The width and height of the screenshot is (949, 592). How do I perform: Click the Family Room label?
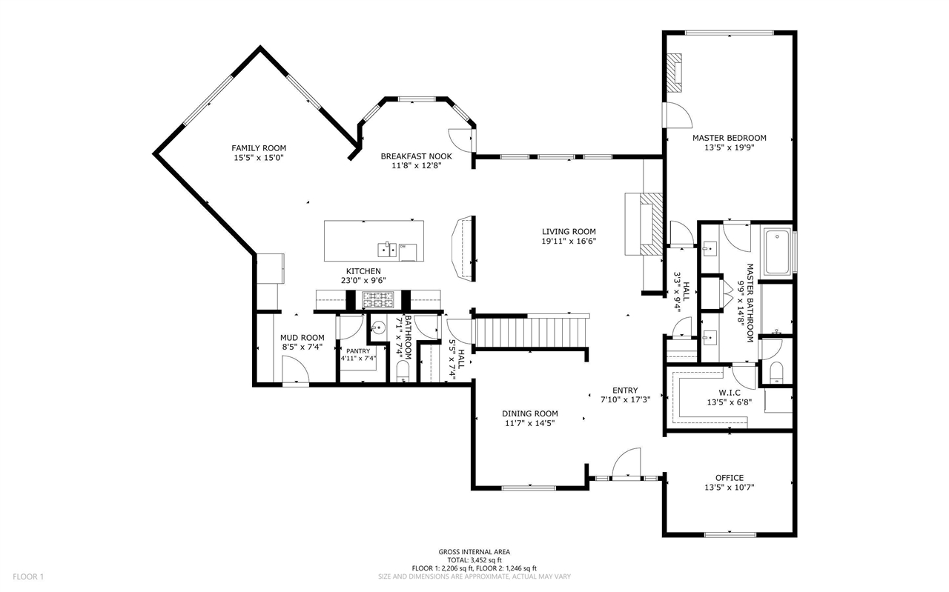click(x=259, y=148)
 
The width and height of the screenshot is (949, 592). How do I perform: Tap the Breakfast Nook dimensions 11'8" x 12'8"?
click(x=417, y=165)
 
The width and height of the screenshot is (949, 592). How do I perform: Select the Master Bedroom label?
click(x=729, y=138)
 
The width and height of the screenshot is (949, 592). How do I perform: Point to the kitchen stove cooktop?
click(x=378, y=299)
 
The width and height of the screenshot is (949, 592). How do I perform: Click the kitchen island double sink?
click(x=387, y=250)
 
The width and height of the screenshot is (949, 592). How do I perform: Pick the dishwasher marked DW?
click(x=408, y=253)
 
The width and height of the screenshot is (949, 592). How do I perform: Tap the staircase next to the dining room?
click(x=532, y=332)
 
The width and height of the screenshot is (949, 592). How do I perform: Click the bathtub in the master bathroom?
click(x=777, y=251)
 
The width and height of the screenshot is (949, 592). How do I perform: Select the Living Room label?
click(x=569, y=232)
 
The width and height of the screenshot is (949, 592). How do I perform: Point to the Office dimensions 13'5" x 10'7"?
click(x=729, y=488)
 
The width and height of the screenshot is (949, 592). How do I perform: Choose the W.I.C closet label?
click(x=730, y=393)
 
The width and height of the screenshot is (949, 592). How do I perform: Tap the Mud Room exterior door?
click(x=295, y=370)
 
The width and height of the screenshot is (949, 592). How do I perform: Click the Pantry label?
click(x=358, y=351)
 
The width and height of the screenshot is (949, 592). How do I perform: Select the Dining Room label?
click(x=529, y=413)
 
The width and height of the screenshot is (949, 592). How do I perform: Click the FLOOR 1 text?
click(x=28, y=576)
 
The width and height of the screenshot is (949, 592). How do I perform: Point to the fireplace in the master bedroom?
click(x=674, y=73)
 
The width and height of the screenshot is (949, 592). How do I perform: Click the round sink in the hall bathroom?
click(x=378, y=327)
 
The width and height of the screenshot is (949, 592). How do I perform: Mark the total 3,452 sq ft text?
click(x=474, y=560)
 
